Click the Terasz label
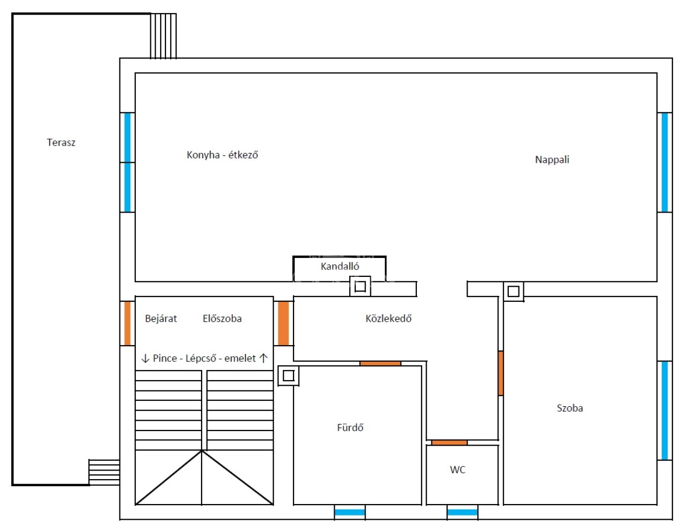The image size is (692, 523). pos(61,142)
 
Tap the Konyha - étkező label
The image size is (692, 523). pos(222,155)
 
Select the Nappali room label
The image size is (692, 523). pos(552,160)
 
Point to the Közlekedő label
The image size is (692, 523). pos(388,319)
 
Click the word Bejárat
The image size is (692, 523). pos(161,319)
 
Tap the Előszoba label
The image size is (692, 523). pos(222,319)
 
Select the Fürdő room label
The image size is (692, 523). pos(350,427)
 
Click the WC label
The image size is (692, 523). pos(457,469)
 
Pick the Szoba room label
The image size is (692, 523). pos(570,408)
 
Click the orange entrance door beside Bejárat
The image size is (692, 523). pos(128,323)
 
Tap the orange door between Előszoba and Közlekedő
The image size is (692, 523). pos(283,323)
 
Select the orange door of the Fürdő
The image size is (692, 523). pos(380,363)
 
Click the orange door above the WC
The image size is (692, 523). pos(449,442)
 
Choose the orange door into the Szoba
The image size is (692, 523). pos(501,373)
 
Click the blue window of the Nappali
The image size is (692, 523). pos(664,162)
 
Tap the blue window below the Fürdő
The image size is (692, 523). pos(350,512)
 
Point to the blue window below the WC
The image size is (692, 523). pos(462,512)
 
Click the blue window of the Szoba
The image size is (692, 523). pos(664,411)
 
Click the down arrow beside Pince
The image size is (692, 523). pos(145,359)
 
